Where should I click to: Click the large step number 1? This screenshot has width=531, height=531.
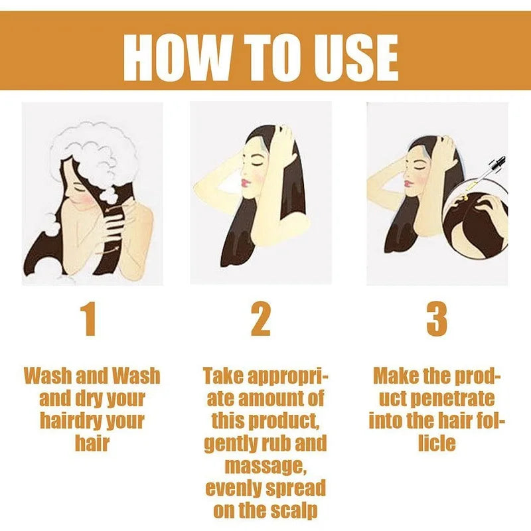[x=89, y=319]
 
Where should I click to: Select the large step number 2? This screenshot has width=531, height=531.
[x=260, y=319]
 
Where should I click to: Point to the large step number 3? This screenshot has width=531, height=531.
[x=437, y=319]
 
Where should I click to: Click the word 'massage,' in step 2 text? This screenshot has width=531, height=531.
[x=266, y=466]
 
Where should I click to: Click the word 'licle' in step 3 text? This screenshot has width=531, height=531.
[x=437, y=443]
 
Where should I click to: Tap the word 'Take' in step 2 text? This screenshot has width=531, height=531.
[x=224, y=376]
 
